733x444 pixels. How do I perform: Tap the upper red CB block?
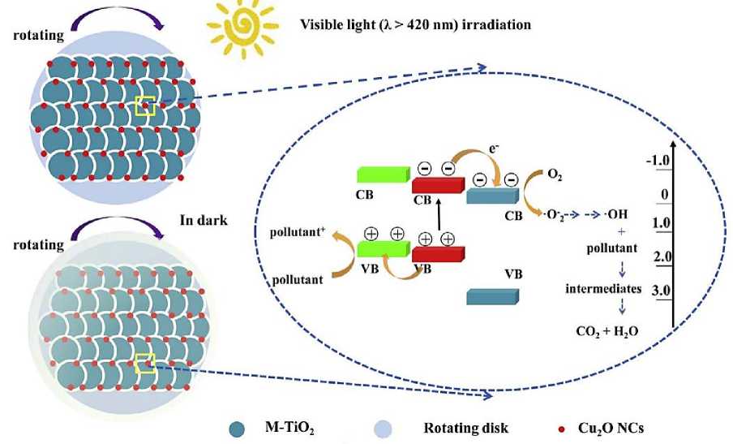click(x=438, y=184)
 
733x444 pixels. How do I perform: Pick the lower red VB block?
click(x=438, y=252)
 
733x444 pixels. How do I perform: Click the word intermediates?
click(x=604, y=288)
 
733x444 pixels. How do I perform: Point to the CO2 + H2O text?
click(x=603, y=331)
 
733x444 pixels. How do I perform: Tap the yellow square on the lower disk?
click(x=146, y=364)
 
